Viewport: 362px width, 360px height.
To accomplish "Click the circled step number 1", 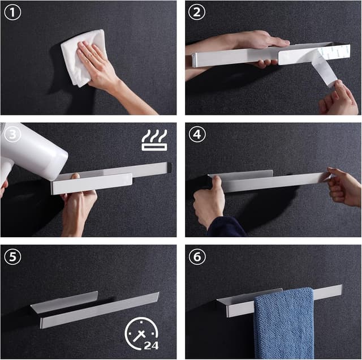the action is tap(12, 12).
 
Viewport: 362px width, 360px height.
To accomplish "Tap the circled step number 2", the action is tap(197, 12).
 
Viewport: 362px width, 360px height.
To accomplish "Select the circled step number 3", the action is tap(12, 134).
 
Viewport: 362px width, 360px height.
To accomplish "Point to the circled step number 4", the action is tap(197, 134).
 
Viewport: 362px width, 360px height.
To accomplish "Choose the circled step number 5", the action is tap(12, 256).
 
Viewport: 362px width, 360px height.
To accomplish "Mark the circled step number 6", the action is tap(197, 256).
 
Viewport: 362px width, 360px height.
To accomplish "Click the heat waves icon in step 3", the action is tap(154, 140).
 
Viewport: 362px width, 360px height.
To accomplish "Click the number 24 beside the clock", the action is tap(151, 345).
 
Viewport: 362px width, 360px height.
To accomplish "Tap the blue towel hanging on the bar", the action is tap(284, 324).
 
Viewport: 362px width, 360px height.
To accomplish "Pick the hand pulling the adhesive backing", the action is tap(338, 98).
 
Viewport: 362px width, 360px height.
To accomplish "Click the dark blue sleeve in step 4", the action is tap(227, 228).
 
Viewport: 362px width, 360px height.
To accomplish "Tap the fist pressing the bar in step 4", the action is tap(209, 201).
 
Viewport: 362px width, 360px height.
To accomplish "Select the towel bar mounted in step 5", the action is tap(94, 310).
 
